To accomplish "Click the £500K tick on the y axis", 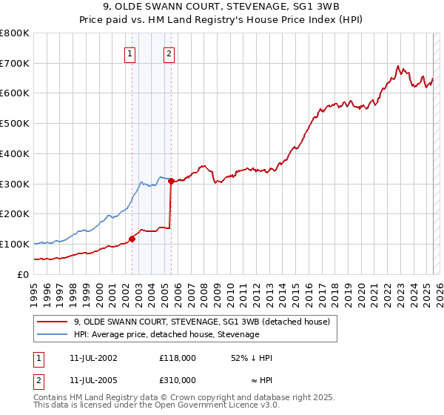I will pyautogui.click(x=15, y=123).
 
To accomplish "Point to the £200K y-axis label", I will pyautogui.click(x=15, y=214).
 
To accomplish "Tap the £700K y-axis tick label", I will pyautogui.click(x=15, y=63).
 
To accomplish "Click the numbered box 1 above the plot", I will pyautogui.click(x=130, y=53).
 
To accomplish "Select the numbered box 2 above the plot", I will pyautogui.click(x=169, y=53).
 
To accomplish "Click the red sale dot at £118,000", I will pyautogui.click(x=132, y=239).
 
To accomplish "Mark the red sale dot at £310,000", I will pyautogui.click(x=171, y=180).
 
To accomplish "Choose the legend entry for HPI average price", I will pyautogui.click(x=166, y=334).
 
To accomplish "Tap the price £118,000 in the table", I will pyautogui.click(x=178, y=357).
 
